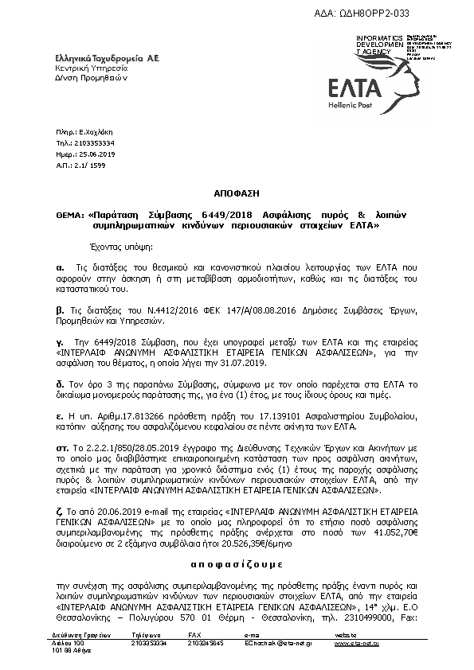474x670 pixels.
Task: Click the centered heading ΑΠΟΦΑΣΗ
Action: pyautogui.click(x=236, y=193)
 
